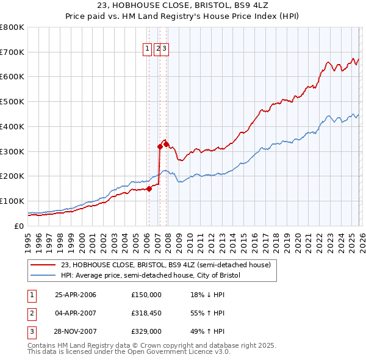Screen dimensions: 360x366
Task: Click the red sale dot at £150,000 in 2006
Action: (149, 189)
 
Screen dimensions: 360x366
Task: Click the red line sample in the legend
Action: (43, 265)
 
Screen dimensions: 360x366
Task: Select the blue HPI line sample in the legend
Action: (43, 275)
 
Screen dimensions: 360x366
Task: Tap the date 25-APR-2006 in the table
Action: (76, 295)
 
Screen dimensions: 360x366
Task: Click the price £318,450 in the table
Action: (146, 313)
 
